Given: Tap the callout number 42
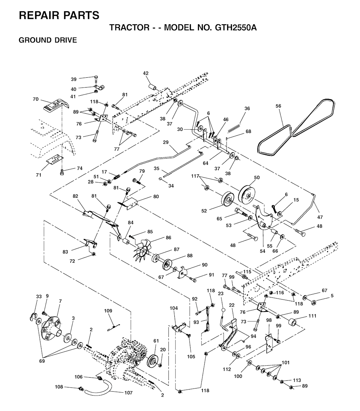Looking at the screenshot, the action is point(146,73).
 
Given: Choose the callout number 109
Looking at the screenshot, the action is point(108,310).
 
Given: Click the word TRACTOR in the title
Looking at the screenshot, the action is point(129,27).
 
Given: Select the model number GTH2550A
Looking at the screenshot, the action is point(236,27).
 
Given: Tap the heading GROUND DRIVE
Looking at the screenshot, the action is point(48,40).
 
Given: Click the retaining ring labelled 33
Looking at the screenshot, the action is point(32,316).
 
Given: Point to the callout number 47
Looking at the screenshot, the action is point(320,217).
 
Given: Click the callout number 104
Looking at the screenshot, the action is point(174,308).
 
